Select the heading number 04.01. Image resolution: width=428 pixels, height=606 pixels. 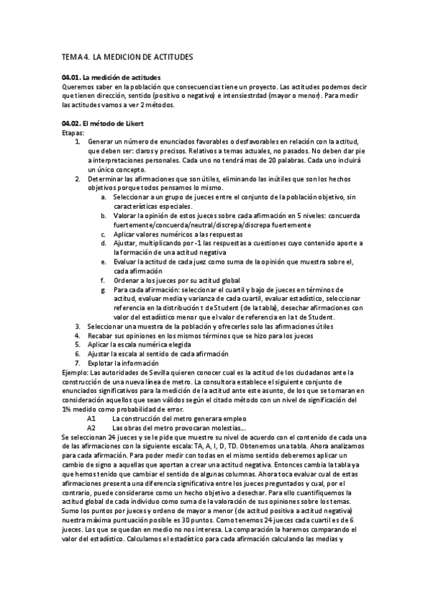point(71,77)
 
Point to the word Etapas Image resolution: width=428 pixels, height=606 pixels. point(74,133)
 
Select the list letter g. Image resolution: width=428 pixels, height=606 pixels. point(104,289)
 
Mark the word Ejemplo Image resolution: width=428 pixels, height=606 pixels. point(76,372)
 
